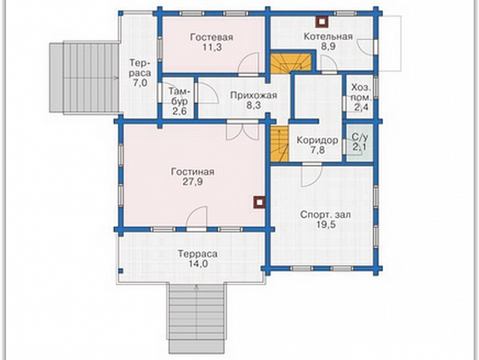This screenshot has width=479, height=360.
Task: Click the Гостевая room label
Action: coord(212,37)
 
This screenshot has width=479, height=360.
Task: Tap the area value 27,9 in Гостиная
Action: coord(193,182)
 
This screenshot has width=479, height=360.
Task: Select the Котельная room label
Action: coord(328,36)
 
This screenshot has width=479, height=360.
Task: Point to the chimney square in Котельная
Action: coord(322,21)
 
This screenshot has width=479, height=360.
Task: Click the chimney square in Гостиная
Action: coord(259,203)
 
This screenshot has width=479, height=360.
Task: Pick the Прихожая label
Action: coord(254,95)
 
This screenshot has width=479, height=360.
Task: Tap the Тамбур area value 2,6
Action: coord(179,111)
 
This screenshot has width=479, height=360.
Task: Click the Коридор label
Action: coord(317,140)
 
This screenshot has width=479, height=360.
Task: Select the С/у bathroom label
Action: coord(360,136)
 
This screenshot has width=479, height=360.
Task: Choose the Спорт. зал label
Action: coord(326,214)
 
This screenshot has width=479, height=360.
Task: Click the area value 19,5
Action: coord(326,225)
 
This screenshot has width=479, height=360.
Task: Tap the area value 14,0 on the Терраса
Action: coord(198,264)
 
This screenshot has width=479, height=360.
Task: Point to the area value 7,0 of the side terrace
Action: coord(140,82)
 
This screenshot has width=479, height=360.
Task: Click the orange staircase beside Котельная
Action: coord(291,63)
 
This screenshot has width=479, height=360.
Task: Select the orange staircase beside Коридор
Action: coord(280,144)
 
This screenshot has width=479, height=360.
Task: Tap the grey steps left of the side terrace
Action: coord(85,78)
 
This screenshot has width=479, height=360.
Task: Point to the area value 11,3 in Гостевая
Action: coord(212,47)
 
